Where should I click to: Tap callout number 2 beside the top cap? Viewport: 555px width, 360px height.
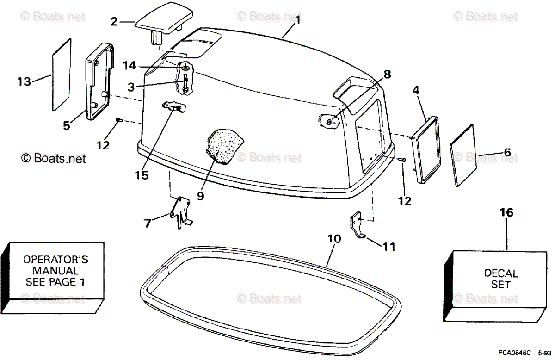[114, 21]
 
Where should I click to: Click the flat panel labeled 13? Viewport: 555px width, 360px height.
[61, 75]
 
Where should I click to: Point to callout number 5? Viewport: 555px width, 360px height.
[67, 125]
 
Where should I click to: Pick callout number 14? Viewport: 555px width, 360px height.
[129, 66]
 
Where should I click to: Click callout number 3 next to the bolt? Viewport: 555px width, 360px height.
[132, 86]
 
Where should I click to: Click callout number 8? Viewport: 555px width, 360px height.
[387, 73]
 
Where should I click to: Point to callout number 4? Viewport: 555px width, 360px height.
[416, 91]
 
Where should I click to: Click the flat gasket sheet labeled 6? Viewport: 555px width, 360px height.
[463, 155]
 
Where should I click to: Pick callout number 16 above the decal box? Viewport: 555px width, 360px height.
[506, 212]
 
